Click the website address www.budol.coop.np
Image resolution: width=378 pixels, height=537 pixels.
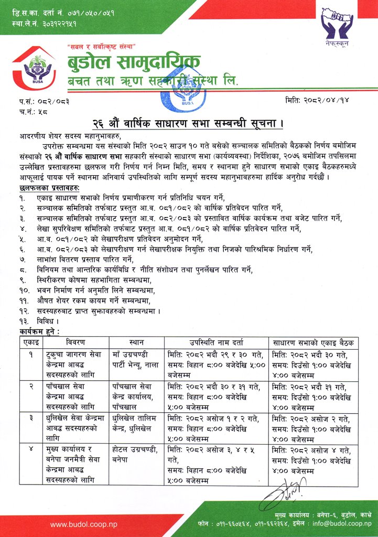click(x=84, y=524)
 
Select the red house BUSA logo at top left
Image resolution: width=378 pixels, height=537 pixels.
click(x=33, y=68)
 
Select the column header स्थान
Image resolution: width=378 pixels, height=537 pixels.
click(x=136, y=342)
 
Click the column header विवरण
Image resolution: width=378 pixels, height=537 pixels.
click(x=72, y=342)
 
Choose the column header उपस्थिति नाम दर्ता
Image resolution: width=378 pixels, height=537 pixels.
click(x=216, y=342)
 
